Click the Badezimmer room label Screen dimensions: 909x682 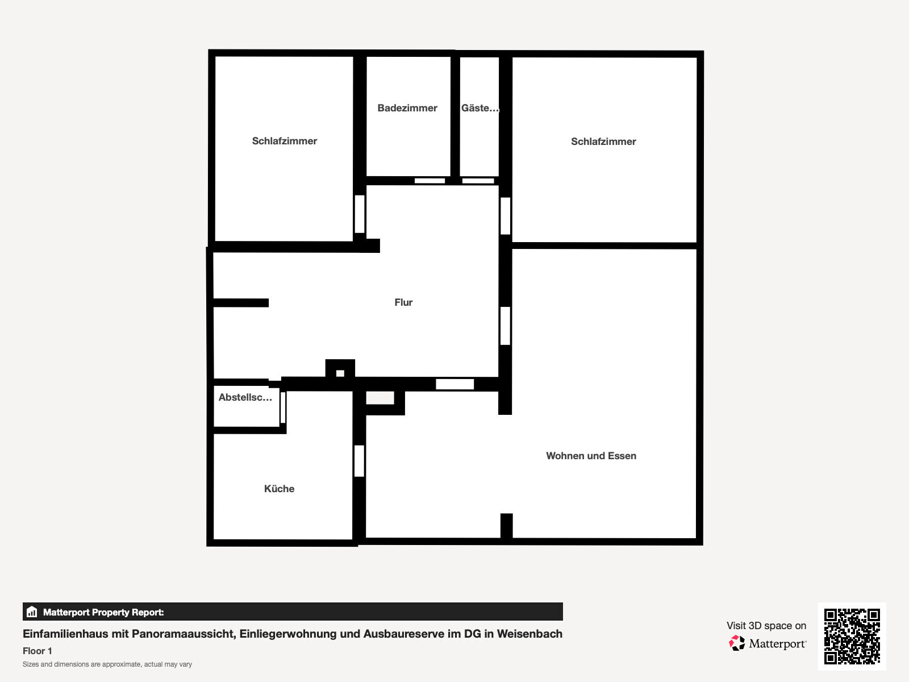pos(407,108)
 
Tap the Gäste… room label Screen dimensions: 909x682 pos(480,108)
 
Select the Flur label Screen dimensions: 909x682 pos(403,302)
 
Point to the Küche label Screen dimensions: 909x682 pos(279,489)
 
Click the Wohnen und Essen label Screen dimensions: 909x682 pos(591,456)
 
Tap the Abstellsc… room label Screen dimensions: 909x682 pos(245,397)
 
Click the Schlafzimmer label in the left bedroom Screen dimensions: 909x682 pos(285,141)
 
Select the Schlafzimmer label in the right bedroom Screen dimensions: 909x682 pos(603,142)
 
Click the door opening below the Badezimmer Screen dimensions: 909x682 pos(430,181)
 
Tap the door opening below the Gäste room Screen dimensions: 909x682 pos(478,181)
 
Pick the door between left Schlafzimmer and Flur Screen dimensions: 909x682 pos(360,214)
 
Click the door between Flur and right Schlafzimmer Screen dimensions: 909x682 pos(505,216)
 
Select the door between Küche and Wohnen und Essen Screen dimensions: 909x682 pos(359,461)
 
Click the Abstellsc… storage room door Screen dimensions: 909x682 pos(283,407)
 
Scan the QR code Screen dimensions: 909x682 pos(852,636)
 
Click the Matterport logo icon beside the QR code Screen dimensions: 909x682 pos(737,643)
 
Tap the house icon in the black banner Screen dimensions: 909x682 pos(32,612)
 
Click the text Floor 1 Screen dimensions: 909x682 pos(37,651)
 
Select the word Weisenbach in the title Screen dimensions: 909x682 pos(529,634)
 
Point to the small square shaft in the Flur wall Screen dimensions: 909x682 pos(340,373)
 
